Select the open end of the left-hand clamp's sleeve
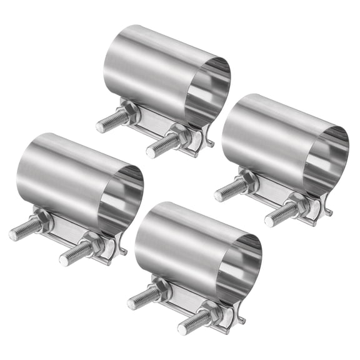[x=121, y=200]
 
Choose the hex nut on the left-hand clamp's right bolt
[x=92, y=246]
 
